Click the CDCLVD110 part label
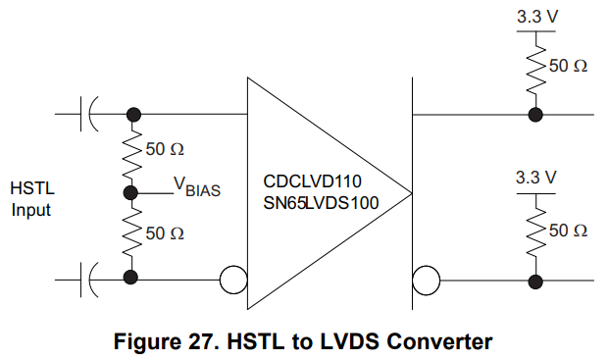(313, 181)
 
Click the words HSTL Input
(31, 198)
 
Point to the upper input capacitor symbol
(89, 114)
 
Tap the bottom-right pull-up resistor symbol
(535, 235)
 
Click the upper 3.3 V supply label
(535, 17)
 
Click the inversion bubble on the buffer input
(233, 281)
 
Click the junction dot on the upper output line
(535, 115)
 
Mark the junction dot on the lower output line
(535, 282)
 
